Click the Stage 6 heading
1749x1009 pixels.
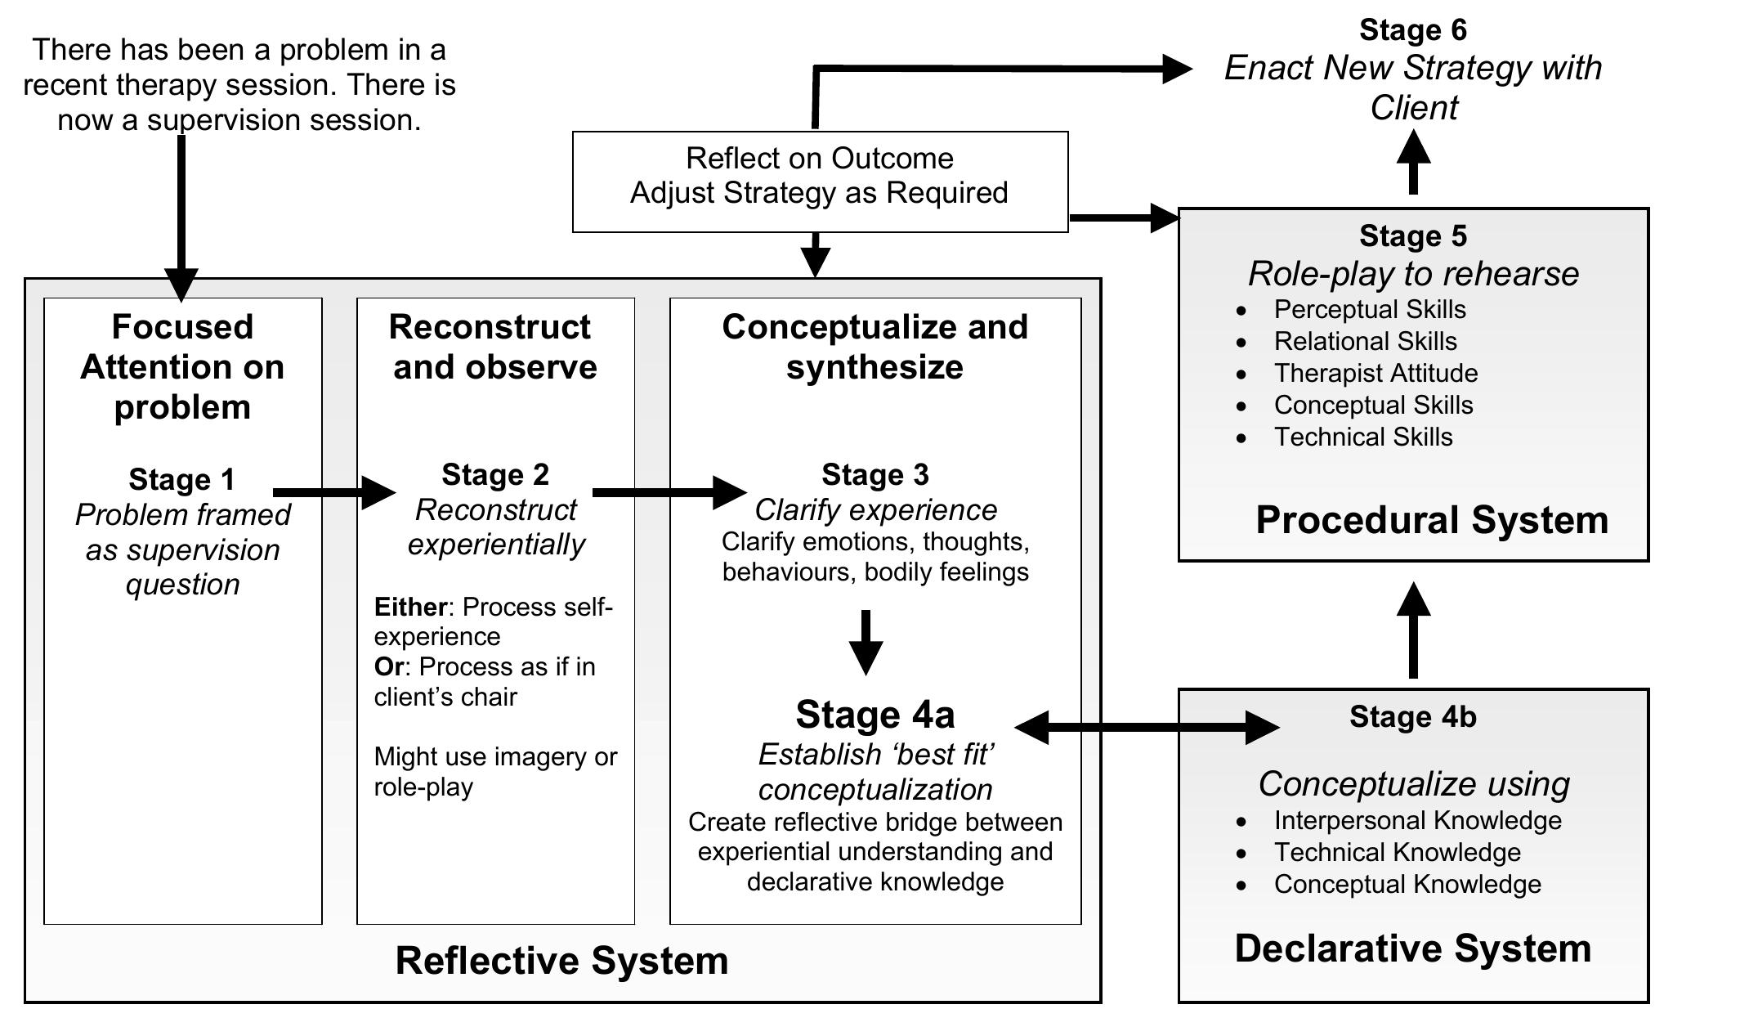[1412, 30]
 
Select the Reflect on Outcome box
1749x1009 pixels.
[820, 182]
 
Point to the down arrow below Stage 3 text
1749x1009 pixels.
[866, 642]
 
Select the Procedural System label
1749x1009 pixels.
[1431, 520]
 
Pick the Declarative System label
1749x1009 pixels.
[1412, 948]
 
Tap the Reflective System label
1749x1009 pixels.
[561, 960]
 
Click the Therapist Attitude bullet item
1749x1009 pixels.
[1375, 374]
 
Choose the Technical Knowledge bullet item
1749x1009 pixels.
[1397, 852]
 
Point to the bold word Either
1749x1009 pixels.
[409, 608]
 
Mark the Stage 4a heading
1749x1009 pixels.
[874, 715]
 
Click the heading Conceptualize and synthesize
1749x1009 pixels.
[874, 347]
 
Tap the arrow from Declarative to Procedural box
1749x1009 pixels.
[1413, 630]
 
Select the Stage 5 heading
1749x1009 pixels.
[1412, 236]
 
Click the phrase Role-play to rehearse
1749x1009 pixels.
[1412, 274]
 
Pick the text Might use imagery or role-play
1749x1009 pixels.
[494, 771]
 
